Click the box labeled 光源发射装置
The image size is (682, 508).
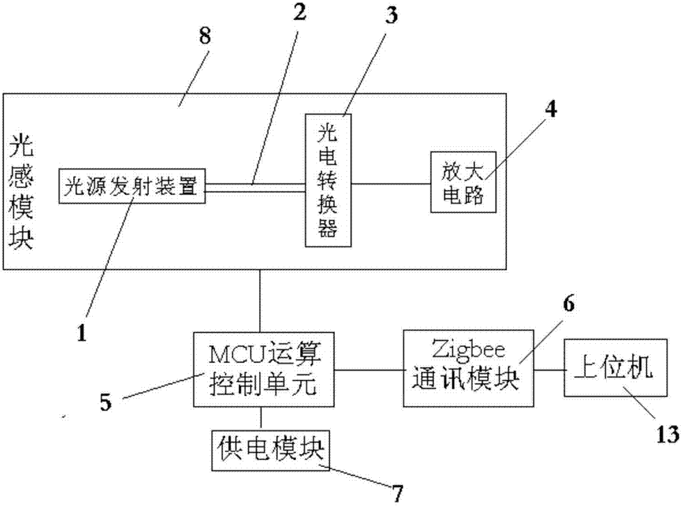coord(132,186)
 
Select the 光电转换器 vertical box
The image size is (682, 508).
coord(329,181)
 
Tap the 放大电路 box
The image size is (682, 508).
coord(463,182)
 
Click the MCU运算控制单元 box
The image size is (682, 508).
coord(264,370)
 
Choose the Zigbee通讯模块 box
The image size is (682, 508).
coord(469,369)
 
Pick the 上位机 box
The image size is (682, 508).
coord(616,368)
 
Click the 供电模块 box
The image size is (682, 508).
coord(271,451)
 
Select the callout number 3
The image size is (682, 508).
coord(391,15)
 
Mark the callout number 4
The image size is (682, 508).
coord(551,109)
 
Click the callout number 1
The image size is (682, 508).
coord(82,334)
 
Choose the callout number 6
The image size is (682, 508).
coord(569,304)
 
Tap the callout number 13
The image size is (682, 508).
coord(667,434)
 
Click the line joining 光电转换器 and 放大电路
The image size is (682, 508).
coord(391,184)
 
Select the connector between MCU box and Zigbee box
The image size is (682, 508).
coord(369,370)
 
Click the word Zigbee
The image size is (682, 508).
coord(468,351)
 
